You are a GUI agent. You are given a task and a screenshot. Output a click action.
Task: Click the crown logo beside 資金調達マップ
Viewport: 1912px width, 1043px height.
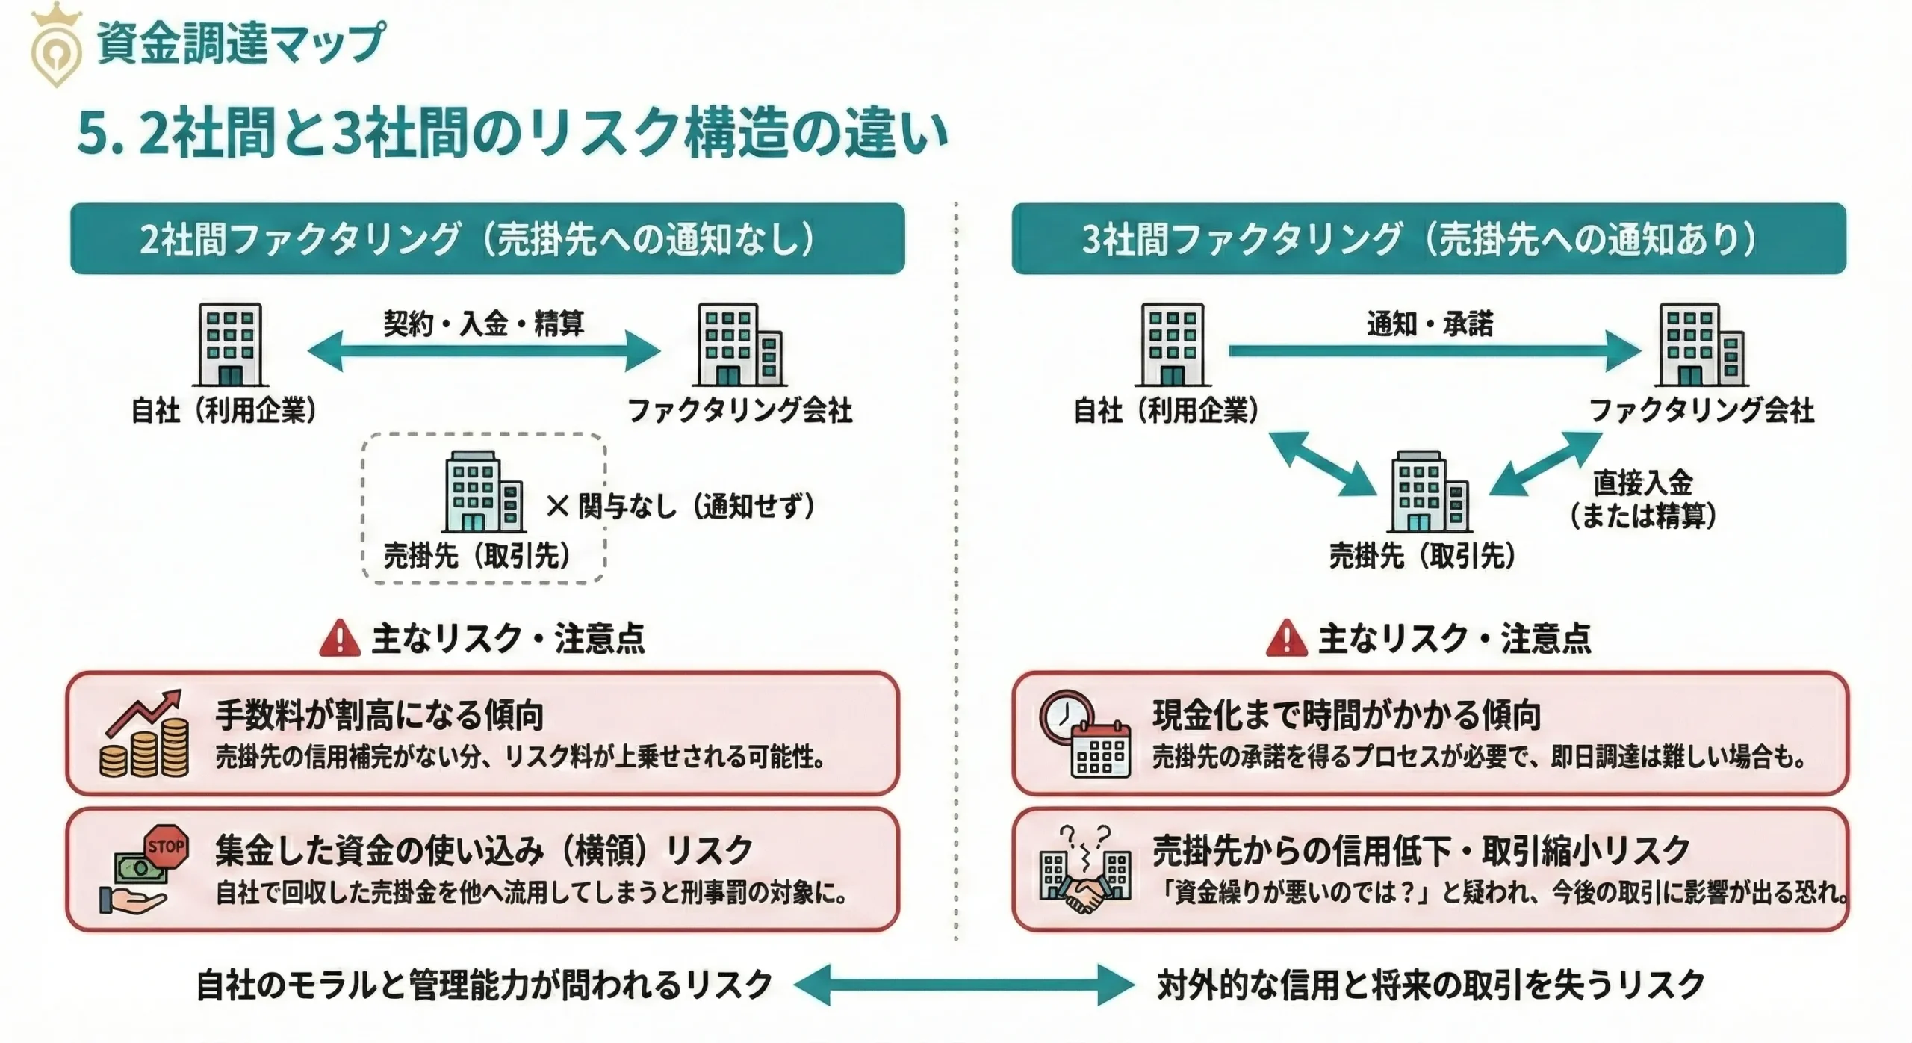click(x=56, y=45)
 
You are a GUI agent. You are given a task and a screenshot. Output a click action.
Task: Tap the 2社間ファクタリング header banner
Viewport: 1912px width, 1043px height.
click(x=487, y=238)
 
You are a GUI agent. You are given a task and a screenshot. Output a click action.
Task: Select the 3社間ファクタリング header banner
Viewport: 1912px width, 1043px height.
click(x=1428, y=238)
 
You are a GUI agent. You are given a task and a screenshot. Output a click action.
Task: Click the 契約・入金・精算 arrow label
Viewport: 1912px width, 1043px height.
click(x=484, y=324)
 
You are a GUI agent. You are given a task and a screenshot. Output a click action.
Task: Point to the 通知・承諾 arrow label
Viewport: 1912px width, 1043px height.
click(x=1430, y=324)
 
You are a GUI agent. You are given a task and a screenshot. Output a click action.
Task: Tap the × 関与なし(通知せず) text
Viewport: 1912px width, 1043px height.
click(x=680, y=507)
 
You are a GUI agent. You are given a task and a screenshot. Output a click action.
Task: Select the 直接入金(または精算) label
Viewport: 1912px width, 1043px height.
click(x=1642, y=498)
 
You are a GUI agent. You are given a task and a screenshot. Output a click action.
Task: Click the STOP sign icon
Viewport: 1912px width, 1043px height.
click(x=166, y=847)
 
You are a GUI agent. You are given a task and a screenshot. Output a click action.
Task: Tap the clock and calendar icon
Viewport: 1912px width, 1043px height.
click(x=1085, y=734)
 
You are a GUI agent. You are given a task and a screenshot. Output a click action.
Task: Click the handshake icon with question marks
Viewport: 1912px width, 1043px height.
click(x=1085, y=870)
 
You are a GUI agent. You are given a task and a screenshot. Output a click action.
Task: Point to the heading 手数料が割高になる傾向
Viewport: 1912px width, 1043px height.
click(x=379, y=715)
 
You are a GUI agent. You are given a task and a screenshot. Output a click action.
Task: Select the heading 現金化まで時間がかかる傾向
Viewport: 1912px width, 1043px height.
click(x=1347, y=715)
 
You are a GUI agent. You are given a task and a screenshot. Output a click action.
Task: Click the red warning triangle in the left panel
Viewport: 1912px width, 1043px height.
click(x=340, y=639)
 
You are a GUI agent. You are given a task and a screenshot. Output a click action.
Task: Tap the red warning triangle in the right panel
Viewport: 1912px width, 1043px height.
click(x=1286, y=639)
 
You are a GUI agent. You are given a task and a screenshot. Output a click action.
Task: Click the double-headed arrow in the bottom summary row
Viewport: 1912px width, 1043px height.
click(x=964, y=985)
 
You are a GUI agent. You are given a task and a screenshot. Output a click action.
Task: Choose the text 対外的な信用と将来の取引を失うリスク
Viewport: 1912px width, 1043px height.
click(x=1431, y=985)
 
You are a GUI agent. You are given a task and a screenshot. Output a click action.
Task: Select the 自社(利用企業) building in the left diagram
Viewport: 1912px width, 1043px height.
click(x=230, y=344)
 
